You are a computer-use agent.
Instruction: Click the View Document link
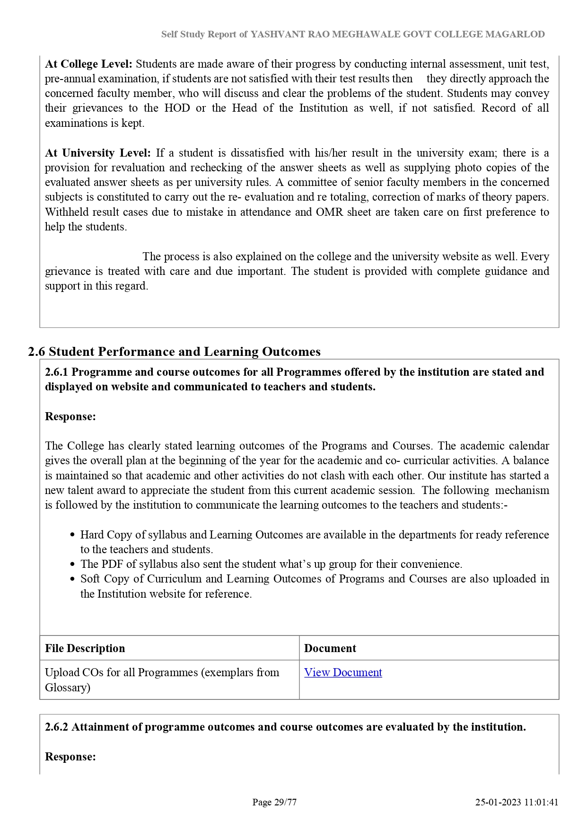click(x=342, y=672)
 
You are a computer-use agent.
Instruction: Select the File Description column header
click(x=85, y=648)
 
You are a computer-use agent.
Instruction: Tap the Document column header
click(x=330, y=648)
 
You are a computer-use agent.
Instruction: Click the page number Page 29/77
click(x=274, y=802)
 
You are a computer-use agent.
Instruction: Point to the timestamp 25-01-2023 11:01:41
click(x=517, y=802)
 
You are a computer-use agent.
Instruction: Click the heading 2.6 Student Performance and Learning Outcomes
click(x=174, y=352)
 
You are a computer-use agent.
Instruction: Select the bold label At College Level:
click(x=88, y=64)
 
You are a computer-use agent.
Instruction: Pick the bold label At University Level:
click(x=97, y=153)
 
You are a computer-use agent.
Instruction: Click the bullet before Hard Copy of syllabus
click(x=72, y=535)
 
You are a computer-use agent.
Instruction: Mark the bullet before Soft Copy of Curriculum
click(x=72, y=579)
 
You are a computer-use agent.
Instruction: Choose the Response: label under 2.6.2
click(x=70, y=757)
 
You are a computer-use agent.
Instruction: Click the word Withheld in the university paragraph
click(x=67, y=212)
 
